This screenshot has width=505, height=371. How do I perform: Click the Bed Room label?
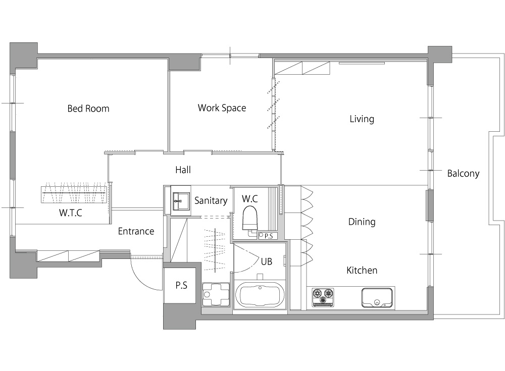88,109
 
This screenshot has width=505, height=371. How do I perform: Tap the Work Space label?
222,108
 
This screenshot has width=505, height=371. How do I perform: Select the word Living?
362,119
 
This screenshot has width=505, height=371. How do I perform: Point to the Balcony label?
463,174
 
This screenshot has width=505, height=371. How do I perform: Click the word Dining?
362,222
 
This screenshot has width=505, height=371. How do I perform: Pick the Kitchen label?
362,270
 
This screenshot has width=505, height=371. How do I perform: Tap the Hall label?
183,170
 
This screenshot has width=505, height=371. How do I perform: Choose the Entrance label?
136,231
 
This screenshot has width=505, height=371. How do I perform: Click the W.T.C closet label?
71,213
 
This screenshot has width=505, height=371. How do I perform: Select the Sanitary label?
211,200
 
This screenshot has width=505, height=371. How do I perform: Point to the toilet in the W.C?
250,219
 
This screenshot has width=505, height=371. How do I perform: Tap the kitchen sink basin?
377,298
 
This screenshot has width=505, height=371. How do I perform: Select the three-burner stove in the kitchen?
323,297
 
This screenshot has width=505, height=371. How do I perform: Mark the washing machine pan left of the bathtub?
216,295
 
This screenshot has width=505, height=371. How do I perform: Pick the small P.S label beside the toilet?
269,236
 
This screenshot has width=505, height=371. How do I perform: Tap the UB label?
266,262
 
